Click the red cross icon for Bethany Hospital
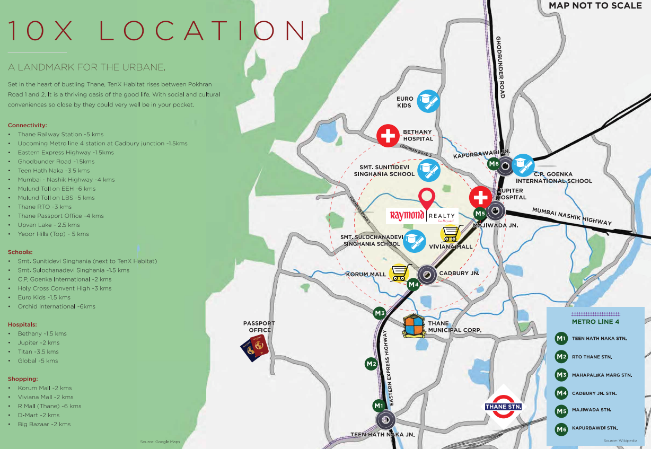tap(388, 136)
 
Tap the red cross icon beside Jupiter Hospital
tap(480, 198)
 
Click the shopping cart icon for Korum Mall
tap(400, 273)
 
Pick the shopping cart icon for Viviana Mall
tap(451, 233)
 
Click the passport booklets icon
tap(254, 348)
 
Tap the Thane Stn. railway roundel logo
tap(504, 407)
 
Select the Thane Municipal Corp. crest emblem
tap(415, 326)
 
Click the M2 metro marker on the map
tap(371, 364)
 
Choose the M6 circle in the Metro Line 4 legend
tap(561, 428)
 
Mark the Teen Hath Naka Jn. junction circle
tap(385, 421)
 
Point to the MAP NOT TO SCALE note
tap(594, 6)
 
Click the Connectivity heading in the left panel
tap(27, 125)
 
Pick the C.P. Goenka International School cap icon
tap(523, 165)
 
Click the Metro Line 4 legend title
tap(595, 321)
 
